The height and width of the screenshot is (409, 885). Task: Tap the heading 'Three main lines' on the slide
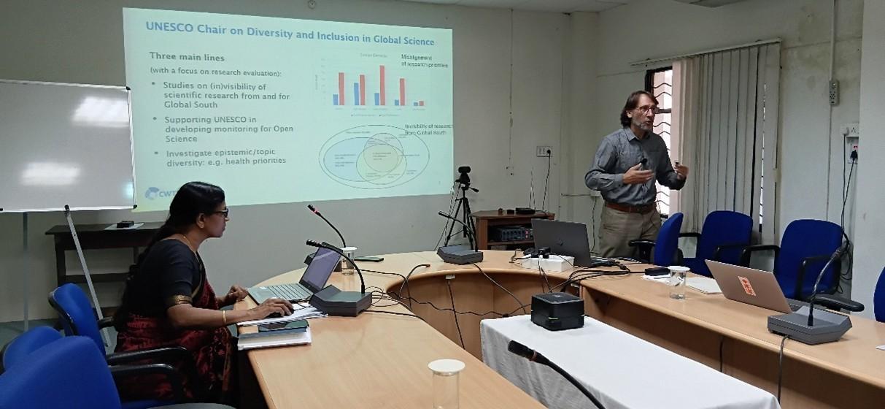pos(187,56)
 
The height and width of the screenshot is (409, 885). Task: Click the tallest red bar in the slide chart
pos(382,85)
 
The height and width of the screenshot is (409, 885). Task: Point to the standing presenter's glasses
pos(646,109)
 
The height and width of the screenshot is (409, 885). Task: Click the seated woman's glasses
pos(220,213)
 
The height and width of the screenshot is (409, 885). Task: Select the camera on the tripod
pos(464,175)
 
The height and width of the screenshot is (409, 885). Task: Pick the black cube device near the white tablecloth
pos(557,310)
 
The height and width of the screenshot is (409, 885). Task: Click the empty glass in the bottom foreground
pos(446,383)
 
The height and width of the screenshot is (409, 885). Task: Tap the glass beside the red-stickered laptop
pos(678,282)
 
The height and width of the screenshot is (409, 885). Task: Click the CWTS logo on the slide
pos(157,193)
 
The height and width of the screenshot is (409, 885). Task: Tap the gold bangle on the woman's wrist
pos(224,316)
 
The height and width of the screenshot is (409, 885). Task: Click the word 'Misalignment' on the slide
pos(417,56)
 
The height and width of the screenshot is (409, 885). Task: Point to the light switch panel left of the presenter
pos(544,151)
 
